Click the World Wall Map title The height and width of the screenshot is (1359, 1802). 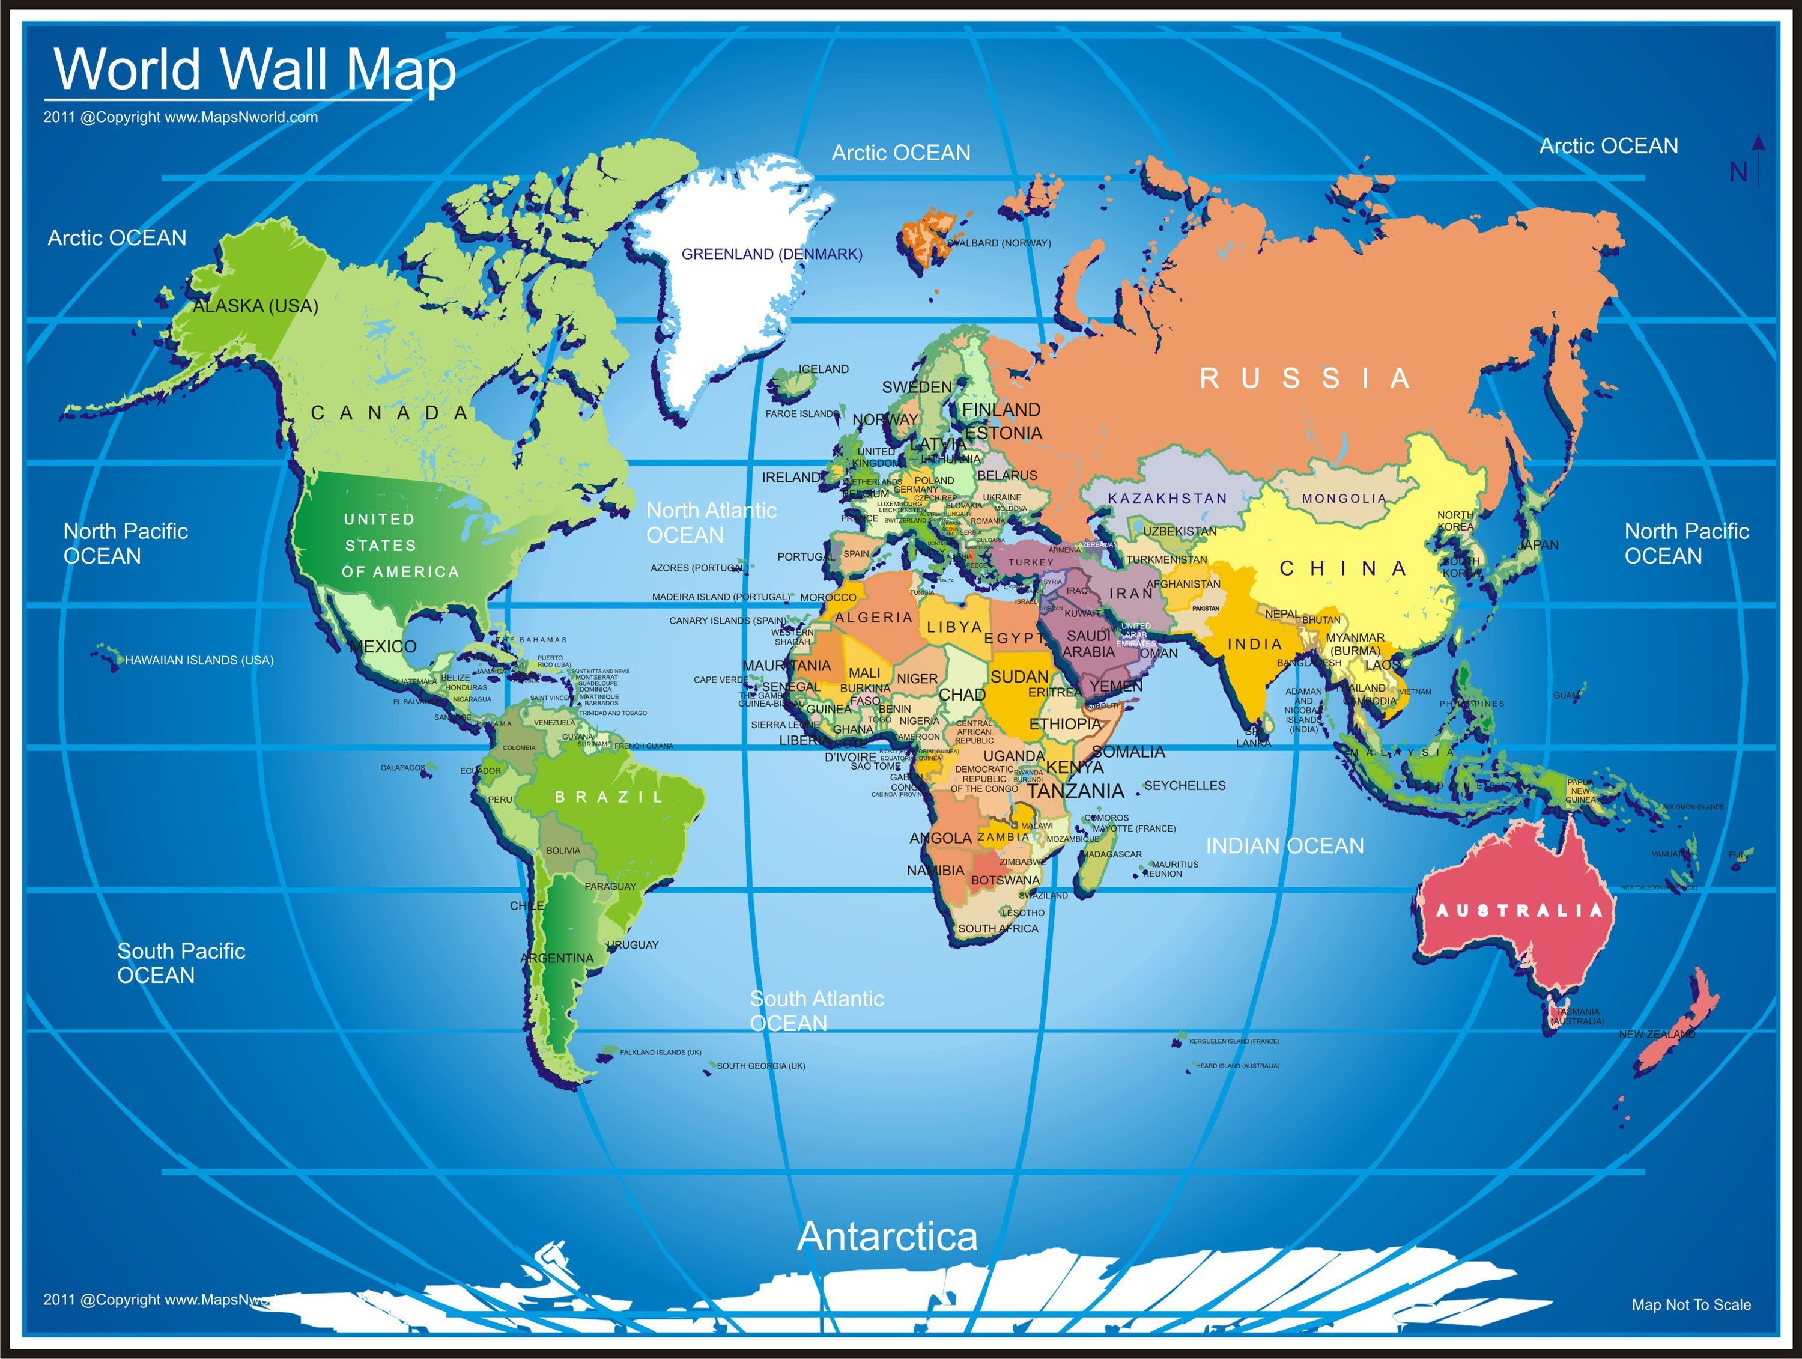click(x=254, y=70)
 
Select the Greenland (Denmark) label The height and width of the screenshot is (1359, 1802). click(x=771, y=254)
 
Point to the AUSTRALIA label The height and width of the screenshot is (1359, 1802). click(x=1518, y=911)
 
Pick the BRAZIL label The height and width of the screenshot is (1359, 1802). click(x=609, y=797)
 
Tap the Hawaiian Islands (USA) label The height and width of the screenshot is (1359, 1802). click(x=199, y=660)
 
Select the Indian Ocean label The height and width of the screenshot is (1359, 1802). click(x=1285, y=846)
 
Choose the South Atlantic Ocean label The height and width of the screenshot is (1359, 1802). click(x=816, y=1011)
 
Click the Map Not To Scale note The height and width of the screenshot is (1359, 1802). click(x=1691, y=1304)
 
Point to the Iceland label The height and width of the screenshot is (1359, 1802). click(x=824, y=369)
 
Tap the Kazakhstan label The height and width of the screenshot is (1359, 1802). click(x=1167, y=499)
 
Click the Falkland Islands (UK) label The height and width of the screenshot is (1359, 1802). click(x=660, y=1053)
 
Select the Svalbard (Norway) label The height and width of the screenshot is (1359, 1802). click(x=999, y=243)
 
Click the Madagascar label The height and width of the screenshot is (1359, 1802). click(x=1112, y=854)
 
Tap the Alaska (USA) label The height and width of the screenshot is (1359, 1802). click(x=255, y=306)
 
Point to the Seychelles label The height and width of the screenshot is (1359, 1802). click(x=1185, y=785)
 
